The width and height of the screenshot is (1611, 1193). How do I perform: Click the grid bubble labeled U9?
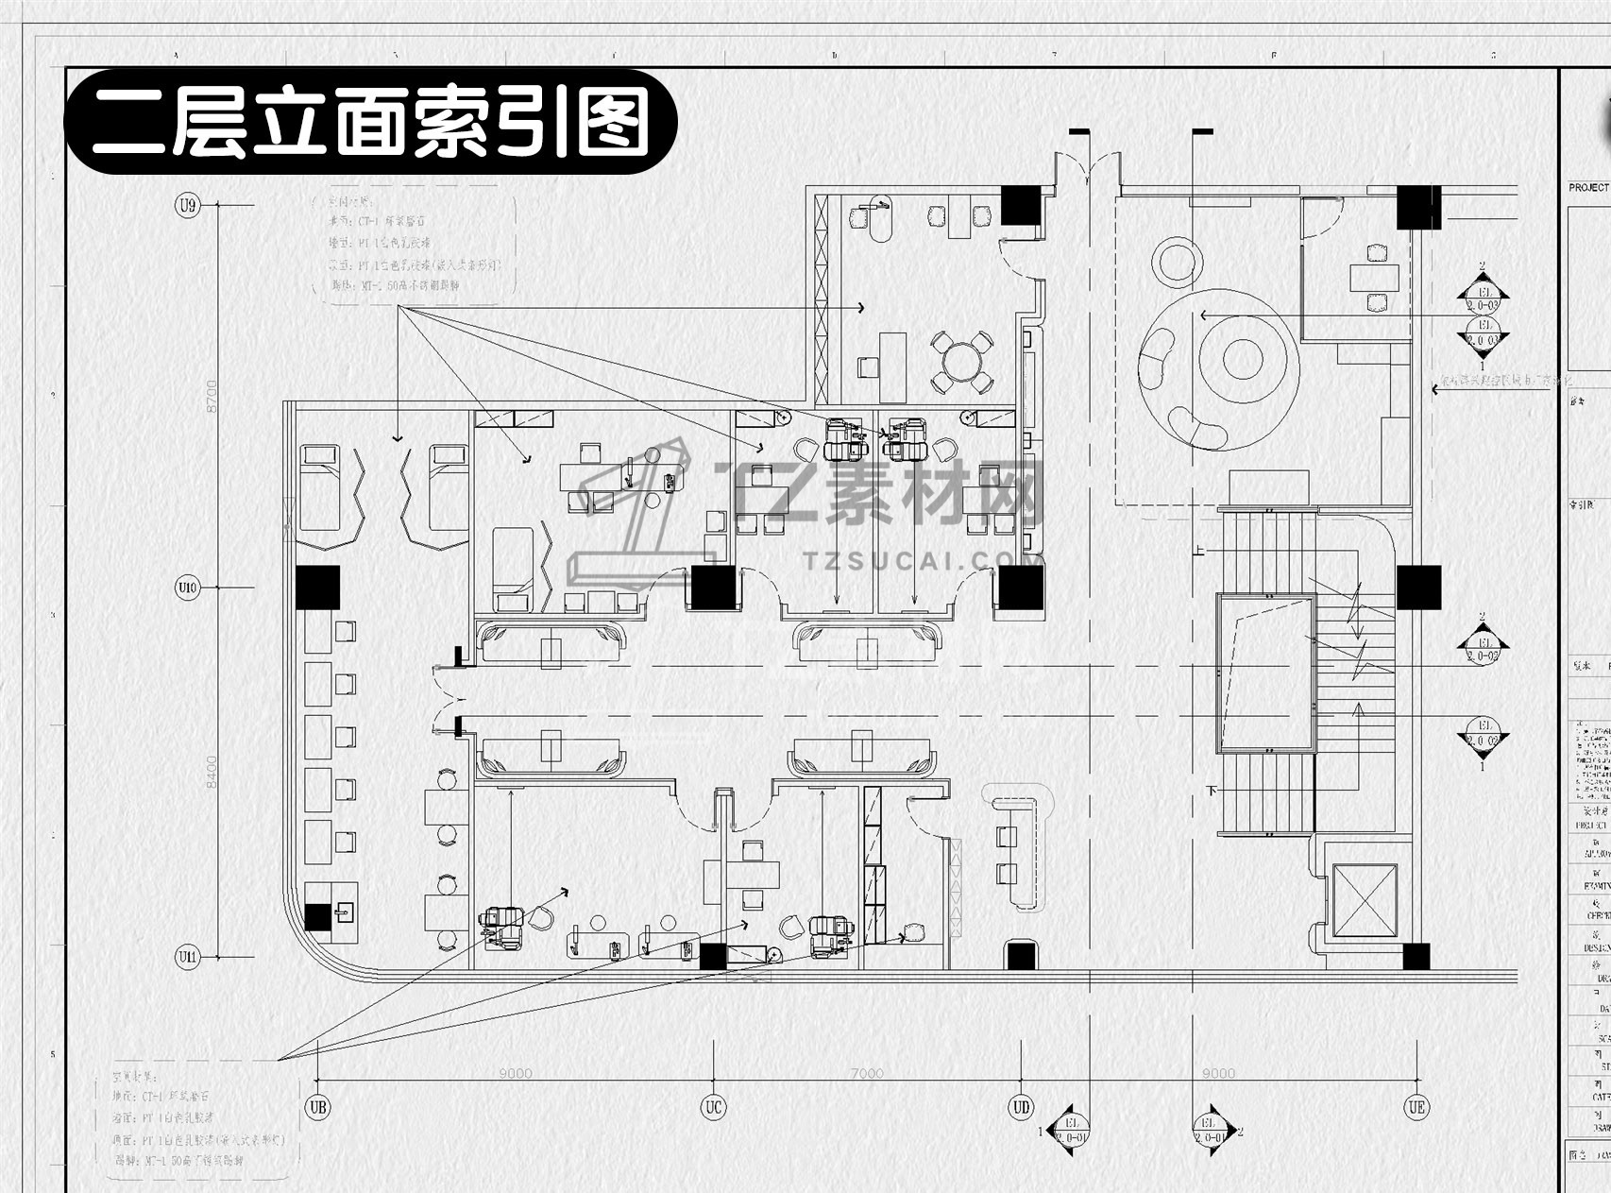click(x=188, y=204)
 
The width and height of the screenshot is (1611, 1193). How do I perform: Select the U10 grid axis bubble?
click(x=188, y=588)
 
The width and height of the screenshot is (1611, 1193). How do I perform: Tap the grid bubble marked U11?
click(x=188, y=957)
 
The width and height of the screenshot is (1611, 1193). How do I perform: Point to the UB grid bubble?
click(x=318, y=1106)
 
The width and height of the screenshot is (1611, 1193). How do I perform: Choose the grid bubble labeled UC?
click(x=713, y=1106)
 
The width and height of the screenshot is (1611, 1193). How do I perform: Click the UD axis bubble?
click(x=1021, y=1106)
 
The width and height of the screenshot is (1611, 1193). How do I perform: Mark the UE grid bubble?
click(x=1416, y=1106)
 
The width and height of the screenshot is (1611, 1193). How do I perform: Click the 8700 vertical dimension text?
click(x=212, y=396)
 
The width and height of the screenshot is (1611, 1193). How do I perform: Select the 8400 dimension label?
click(x=212, y=772)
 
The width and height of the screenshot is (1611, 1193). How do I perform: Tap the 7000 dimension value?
click(x=866, y=1073)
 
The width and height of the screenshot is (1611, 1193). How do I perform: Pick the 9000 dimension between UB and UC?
click(x=515, y=1073)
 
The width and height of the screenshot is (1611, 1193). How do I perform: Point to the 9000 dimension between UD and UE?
click(x=1218, y=1073)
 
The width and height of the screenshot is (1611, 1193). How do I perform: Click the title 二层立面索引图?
click(x=371, y=122)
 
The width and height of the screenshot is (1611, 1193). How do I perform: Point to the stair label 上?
click(x=1199, y=550)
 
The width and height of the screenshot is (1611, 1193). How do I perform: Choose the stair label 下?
click(x=1211, y=790)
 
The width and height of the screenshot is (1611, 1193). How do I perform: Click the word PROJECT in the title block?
click(x=1588, y=188)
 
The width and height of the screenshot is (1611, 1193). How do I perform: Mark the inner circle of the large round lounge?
click(x=1243, y=358)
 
